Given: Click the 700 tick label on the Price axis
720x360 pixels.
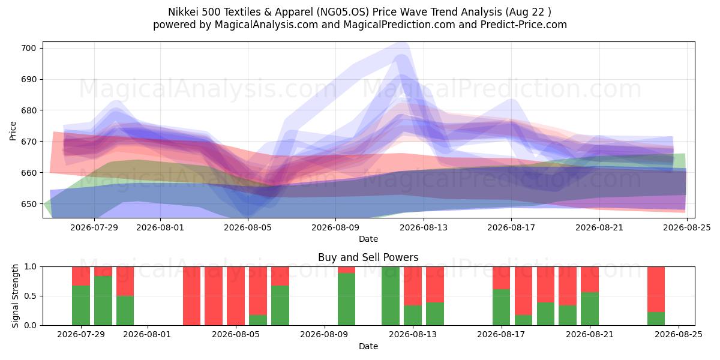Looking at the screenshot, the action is [x=28, y=48].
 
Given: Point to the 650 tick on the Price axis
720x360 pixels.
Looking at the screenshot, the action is [x=28, y=204].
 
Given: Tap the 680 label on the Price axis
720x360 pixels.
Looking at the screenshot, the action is [x=28, y=110].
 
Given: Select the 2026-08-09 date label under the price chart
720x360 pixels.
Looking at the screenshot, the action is [x=335, y=227].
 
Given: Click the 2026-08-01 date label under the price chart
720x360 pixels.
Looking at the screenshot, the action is [x=160, y=227].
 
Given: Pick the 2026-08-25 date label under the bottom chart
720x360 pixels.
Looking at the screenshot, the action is [x=679, y=335].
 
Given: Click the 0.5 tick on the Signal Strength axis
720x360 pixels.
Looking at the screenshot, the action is [x=31, y=296].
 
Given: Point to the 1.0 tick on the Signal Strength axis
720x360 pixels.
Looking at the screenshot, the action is [x=31, y=267].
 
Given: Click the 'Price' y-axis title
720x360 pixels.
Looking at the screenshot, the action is [x=13, y=131].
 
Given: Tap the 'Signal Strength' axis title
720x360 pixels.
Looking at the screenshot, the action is [x=15, y=296].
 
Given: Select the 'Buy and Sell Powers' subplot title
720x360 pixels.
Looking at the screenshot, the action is [x=368, y=257].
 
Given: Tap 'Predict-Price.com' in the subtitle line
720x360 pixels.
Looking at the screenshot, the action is [x=524, y=25].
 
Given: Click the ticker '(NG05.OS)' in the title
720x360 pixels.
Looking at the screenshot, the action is [x=343, y=12].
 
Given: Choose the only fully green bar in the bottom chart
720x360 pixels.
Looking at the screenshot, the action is [x=391, y=296].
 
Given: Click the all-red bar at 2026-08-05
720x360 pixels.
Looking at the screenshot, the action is [x=236, y=296].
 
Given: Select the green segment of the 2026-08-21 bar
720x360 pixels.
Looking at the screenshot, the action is [x=590, y=309].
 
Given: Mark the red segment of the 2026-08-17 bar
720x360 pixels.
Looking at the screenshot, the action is [x=502, y=278].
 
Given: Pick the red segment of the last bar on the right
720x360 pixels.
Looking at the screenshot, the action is [x=656, y=289].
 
